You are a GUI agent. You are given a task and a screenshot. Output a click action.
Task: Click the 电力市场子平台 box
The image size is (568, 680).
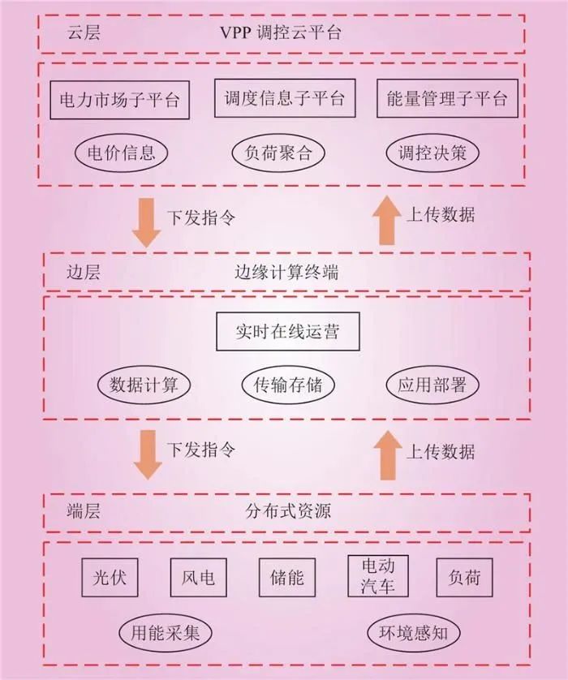[x=120, y=100]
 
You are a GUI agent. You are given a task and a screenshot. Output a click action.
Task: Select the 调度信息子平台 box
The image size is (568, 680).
[x=284, y=98]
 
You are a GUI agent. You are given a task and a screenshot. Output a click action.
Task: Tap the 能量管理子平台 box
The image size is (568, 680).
[x=447, y=99]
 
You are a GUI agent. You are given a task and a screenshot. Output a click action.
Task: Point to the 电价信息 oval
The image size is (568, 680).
[x=120, y=152]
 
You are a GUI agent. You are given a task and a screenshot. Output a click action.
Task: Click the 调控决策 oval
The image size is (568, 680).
[x=432, y=152]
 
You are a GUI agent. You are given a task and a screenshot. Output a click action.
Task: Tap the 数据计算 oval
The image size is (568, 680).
[x=144, y=385]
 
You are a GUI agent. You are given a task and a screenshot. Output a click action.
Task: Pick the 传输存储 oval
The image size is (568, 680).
[x=287, y=385]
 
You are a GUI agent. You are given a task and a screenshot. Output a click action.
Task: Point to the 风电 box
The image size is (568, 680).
[x=198, y=577]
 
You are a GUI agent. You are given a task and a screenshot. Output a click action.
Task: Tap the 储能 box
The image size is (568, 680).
[x=286, y=577]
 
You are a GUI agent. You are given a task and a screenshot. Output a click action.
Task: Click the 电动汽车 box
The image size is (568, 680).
[x=377, y=575]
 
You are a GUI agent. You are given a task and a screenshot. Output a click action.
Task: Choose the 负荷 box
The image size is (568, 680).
[x=464, y=577]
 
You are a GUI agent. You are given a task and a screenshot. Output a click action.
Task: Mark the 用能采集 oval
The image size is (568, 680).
[x=165, y=631]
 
